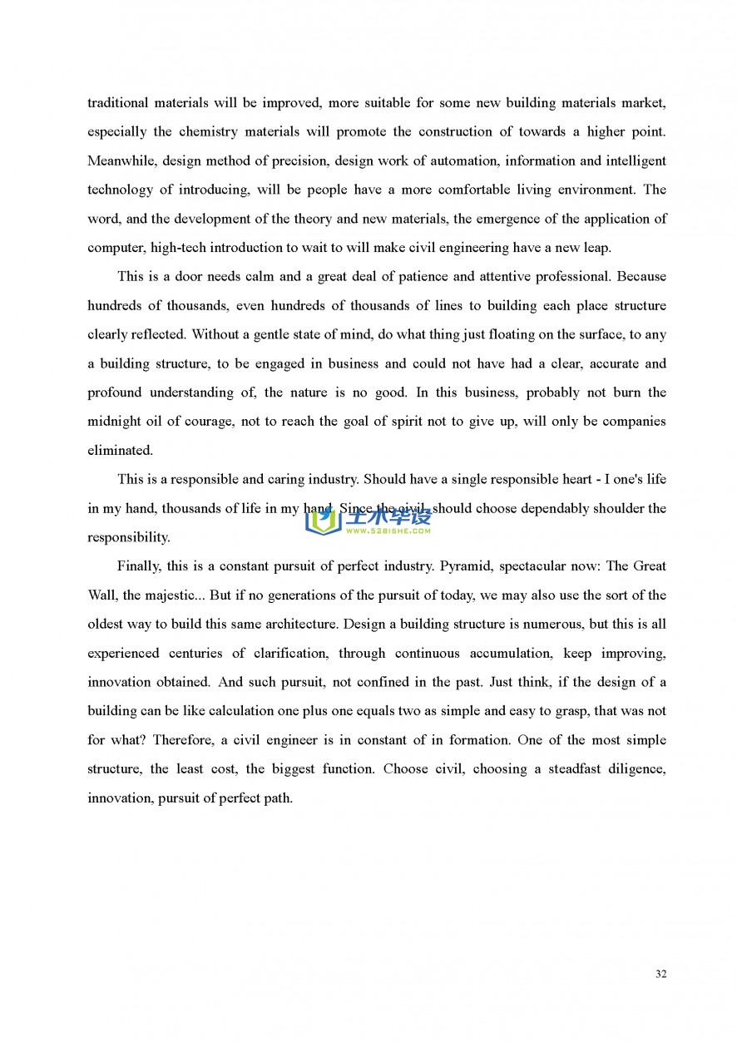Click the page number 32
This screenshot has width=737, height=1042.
point(660,974)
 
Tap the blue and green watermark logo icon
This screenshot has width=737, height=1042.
point(323,521)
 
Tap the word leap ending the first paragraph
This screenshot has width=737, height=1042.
point(597,247)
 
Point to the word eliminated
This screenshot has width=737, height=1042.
point(120,450)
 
